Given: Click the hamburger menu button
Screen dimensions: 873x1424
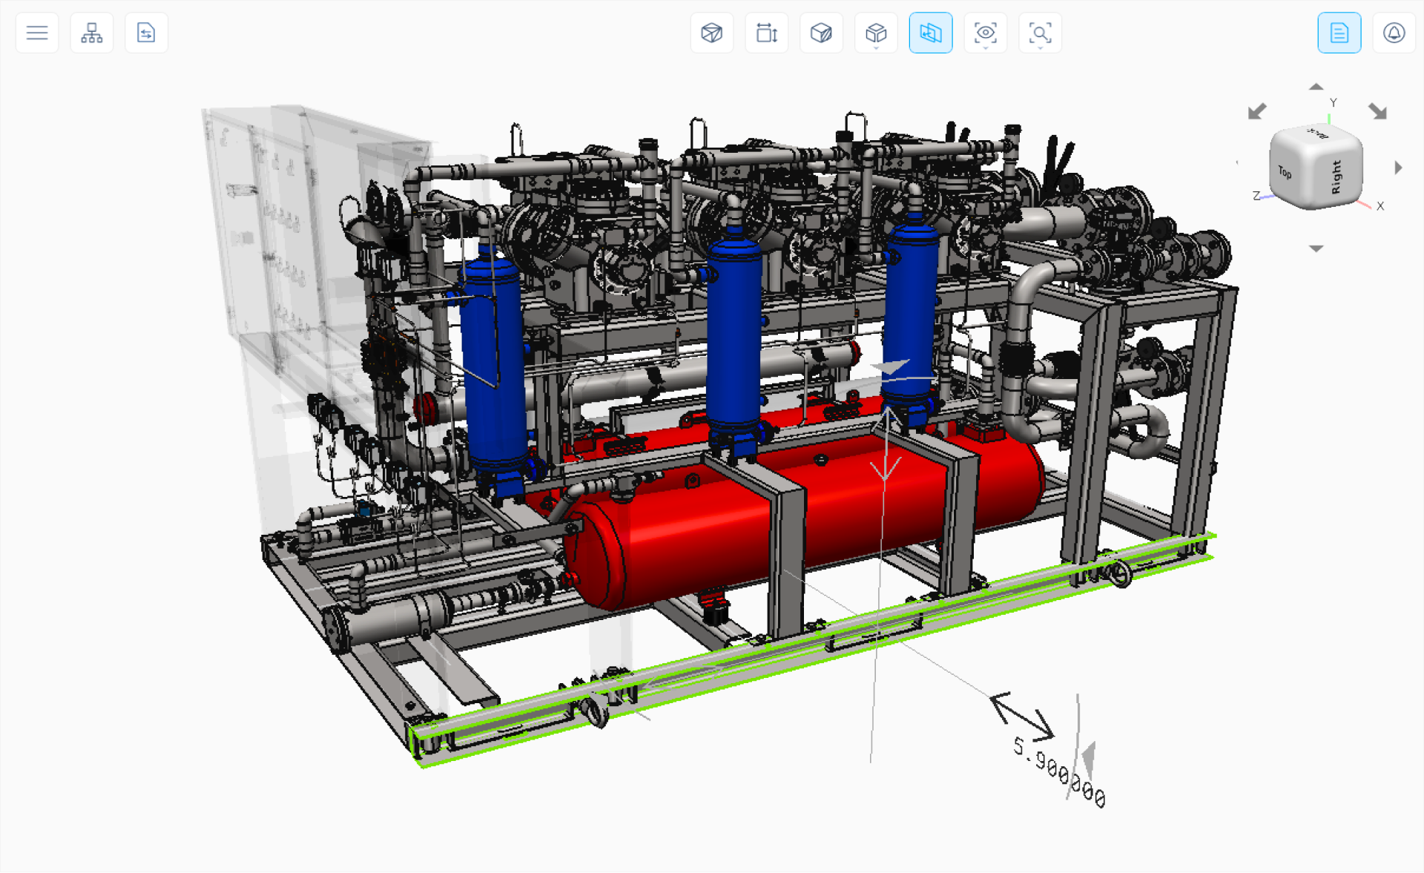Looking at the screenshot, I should (36, 33).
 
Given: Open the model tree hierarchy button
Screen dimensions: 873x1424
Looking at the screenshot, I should (91, 33).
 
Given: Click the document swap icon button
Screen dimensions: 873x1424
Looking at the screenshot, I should (146, 33).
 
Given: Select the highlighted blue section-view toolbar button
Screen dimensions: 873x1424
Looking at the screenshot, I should (930, 33).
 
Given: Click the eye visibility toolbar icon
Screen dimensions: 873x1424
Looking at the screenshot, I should (985, 33).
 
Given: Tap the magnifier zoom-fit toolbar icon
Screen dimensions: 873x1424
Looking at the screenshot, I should (1040, 33).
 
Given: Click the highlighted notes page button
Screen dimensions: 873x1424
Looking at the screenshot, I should (1339, 33).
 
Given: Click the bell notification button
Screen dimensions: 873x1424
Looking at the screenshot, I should (1394, 33).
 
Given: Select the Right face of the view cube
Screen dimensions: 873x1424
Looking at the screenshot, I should (1336, 177).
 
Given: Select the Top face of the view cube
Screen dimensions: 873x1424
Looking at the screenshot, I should (1286, 172).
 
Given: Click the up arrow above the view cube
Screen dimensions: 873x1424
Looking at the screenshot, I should (1316, 87).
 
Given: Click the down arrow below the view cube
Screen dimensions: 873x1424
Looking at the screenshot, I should (1316, 248).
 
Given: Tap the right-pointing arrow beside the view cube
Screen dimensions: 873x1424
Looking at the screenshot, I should (1398, 168).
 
